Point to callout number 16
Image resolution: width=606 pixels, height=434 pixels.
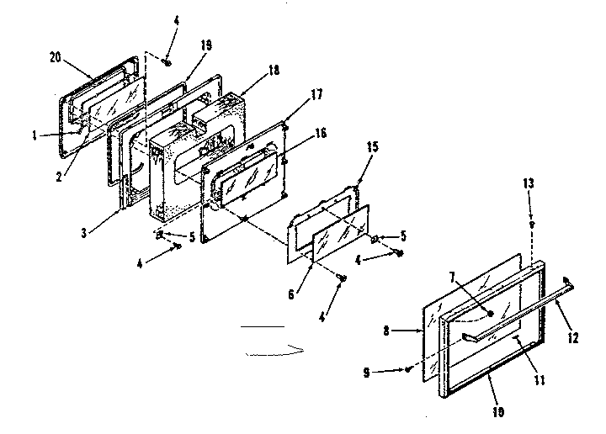click(297, 133)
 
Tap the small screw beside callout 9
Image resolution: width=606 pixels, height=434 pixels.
click(408, 368)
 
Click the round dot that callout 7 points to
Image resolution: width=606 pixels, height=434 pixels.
click(490, 314)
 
